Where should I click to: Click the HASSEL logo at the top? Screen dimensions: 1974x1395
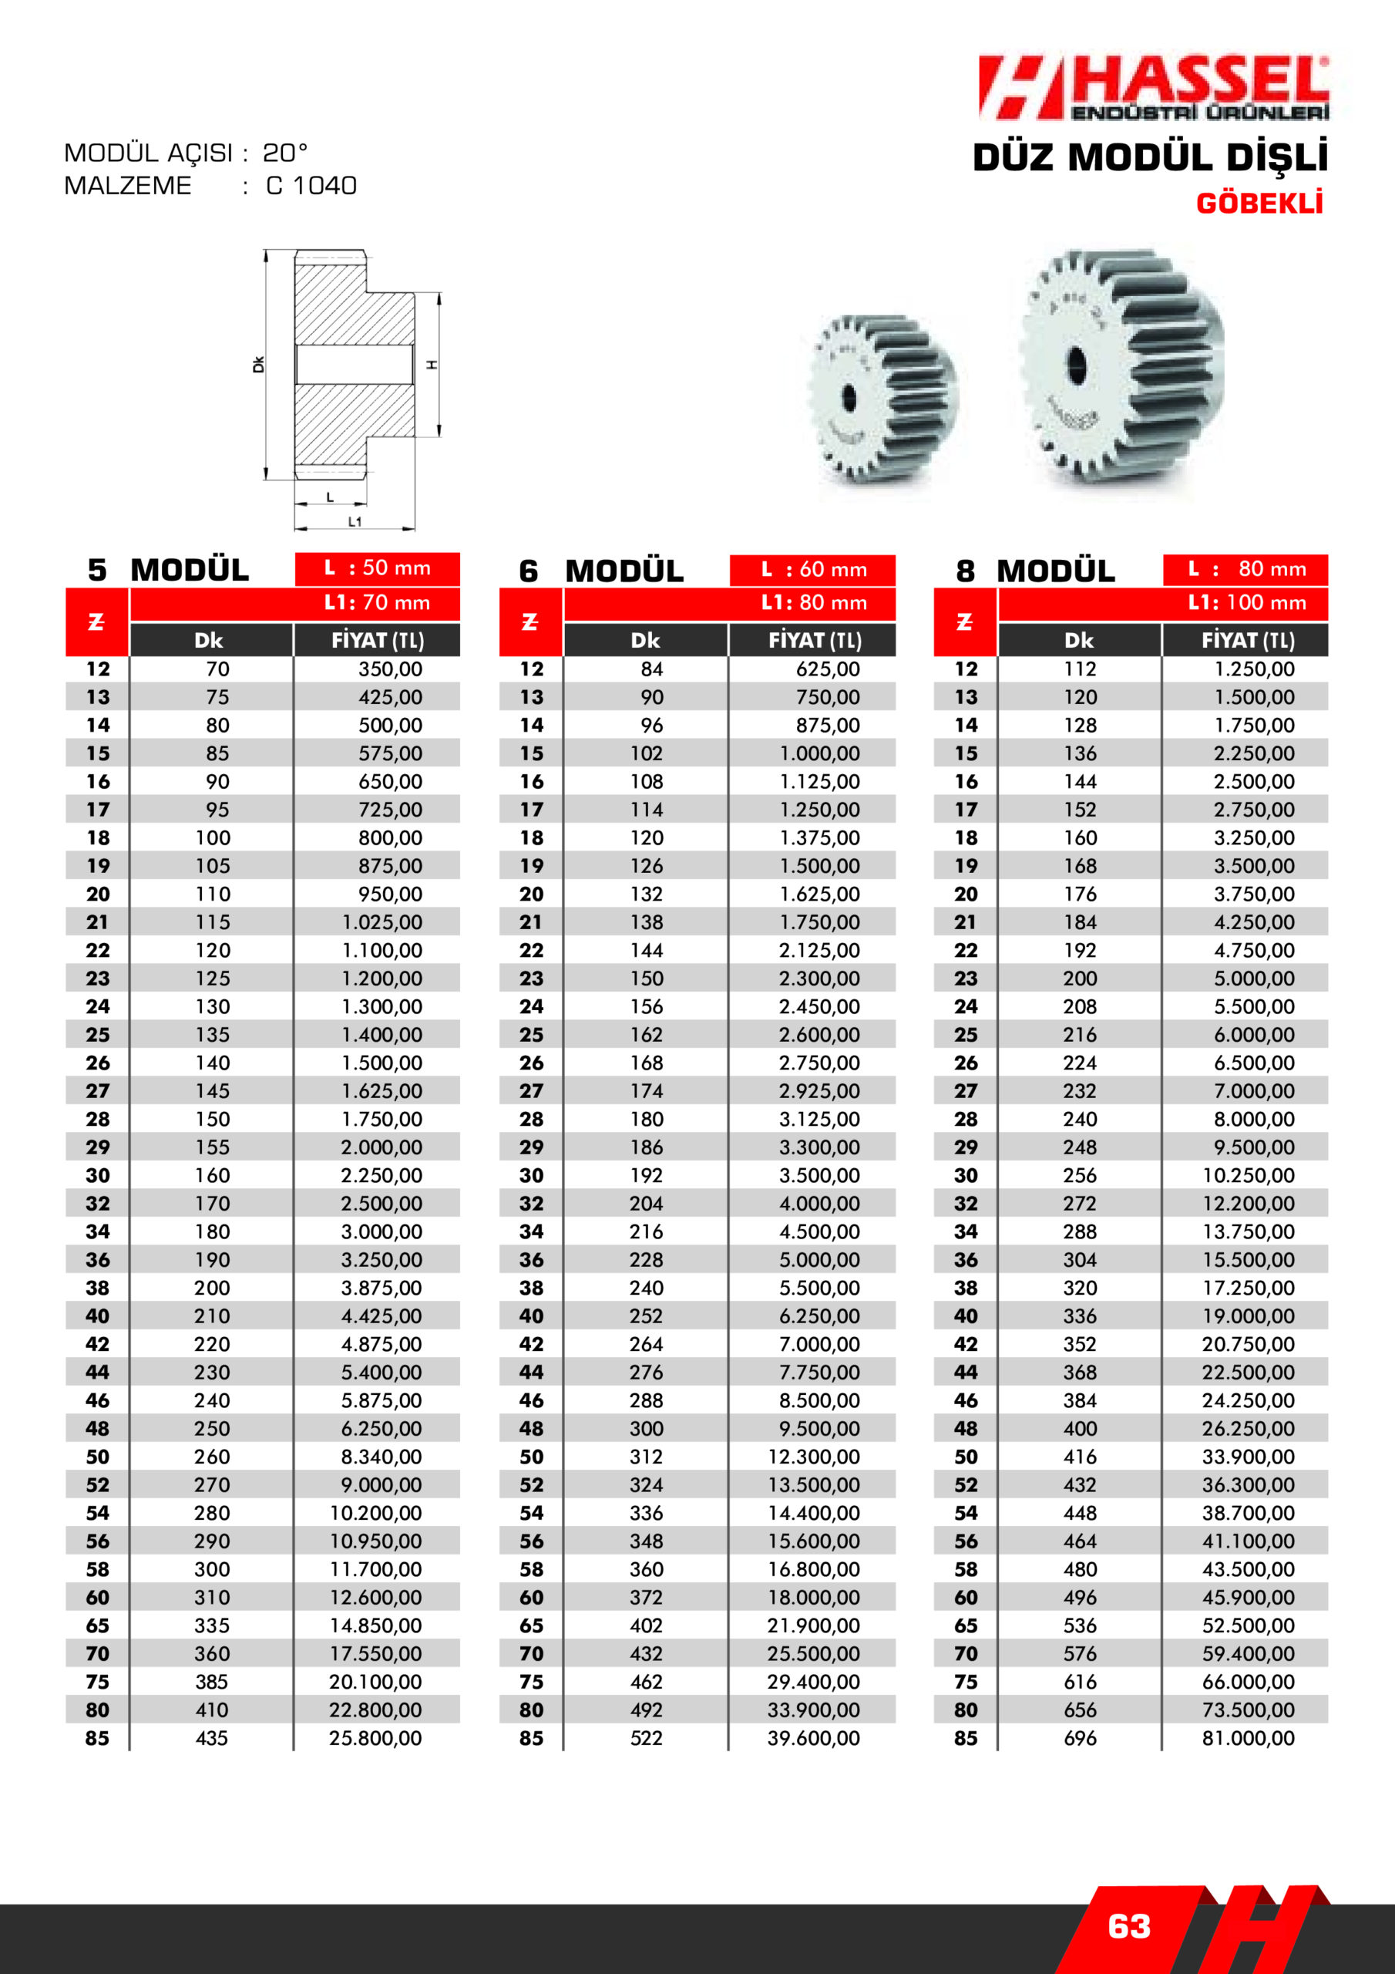(1153, 87)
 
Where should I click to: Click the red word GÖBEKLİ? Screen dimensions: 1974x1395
(1259, 204)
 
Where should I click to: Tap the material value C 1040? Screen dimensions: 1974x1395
(311, 186)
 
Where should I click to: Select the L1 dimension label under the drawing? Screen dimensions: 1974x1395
(354, 521)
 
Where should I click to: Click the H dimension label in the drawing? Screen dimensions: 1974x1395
(433, 365)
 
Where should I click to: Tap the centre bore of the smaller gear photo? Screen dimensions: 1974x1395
(849, 397)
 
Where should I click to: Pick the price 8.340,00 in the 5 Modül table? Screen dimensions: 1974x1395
(381, 1457)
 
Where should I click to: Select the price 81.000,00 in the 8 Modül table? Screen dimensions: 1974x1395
(1247, 1737)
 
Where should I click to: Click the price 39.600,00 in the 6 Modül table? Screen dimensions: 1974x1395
(813, 1737)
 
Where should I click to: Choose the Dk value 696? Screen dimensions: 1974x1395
(1080, 1737)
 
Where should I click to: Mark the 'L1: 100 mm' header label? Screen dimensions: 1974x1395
(1246, 603)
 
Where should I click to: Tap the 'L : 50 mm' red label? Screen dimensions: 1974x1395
(378, 568)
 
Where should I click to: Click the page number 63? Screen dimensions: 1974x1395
(1128, 1926)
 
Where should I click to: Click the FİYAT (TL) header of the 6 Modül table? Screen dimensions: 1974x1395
(814, 641)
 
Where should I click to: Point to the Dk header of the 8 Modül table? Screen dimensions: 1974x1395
(1079, 641)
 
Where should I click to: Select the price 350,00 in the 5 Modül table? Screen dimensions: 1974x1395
(390, 669)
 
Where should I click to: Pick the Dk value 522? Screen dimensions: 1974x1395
(647, 1737)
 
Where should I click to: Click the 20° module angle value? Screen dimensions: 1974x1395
(284, 153)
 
